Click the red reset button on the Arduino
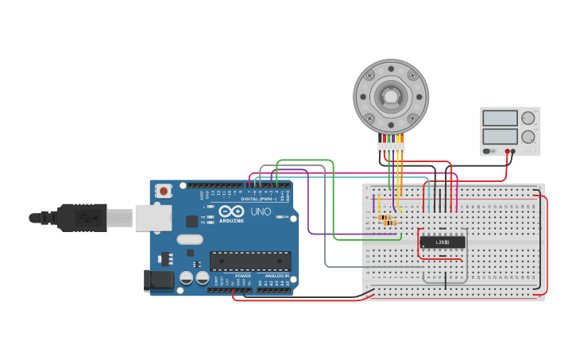pyautogui.click(x=163, y=191)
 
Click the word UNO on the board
pyautogui.click(x=261, y=212)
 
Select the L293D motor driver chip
pyautogui.click(x=442, y=242)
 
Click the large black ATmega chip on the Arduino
pyautogui.click(x=249, y=261)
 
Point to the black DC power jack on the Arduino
pyautogui.click(x=157, y=279)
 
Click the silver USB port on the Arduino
pyautogui.click(x=153, y=217)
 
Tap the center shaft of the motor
pyautogui.click(x=391, y=97)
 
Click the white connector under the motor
pyautogui.click(x=391, y=148)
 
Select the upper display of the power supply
pyautogui.click(x=500, y=118)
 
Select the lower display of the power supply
pyautogui.click(x=500, y=137)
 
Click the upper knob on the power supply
pyautogui.click(x=528, y=118)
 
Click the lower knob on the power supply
pyautogui.click(x=528, y=137)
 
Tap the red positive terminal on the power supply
pyautogui.click(x=508, y=151)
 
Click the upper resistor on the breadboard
pyautogui.click(x=385, y=217)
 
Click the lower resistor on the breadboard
pyautogui.click(x=390, y=223)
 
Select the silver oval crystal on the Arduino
pyautogui.click(x=190, y=239)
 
